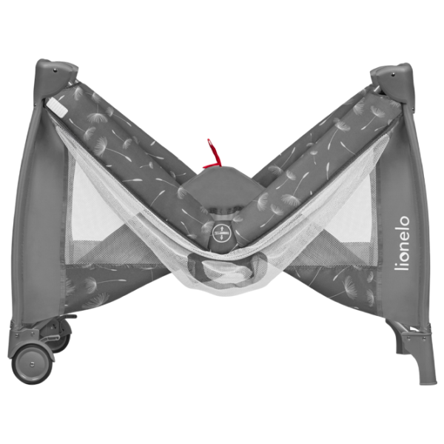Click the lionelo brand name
pyautogui.click(x=402, y=243)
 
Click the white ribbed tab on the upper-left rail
pyautogui.click(x=57, y=107)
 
